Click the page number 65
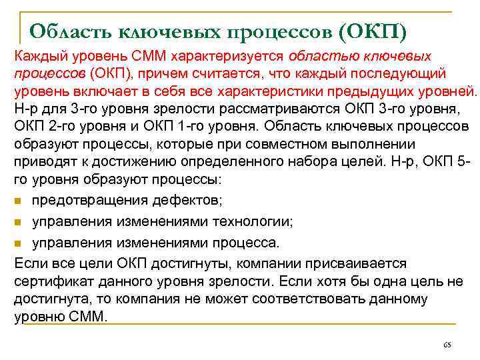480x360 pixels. [447, 345]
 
